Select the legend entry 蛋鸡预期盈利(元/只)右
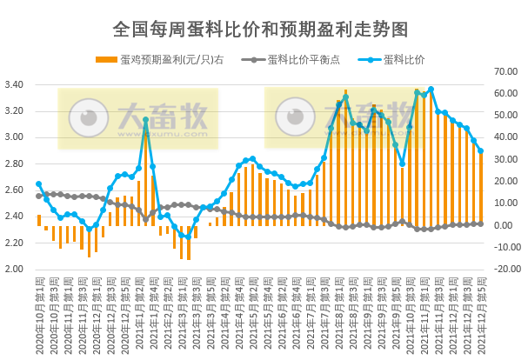(x=165, y=60)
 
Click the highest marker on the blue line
(x=431, y=90)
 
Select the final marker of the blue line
(x=481, y=150)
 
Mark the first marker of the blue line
(x=38, y=184)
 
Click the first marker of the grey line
(x=38, y=196)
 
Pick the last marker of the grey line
(x=481, y=223)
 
